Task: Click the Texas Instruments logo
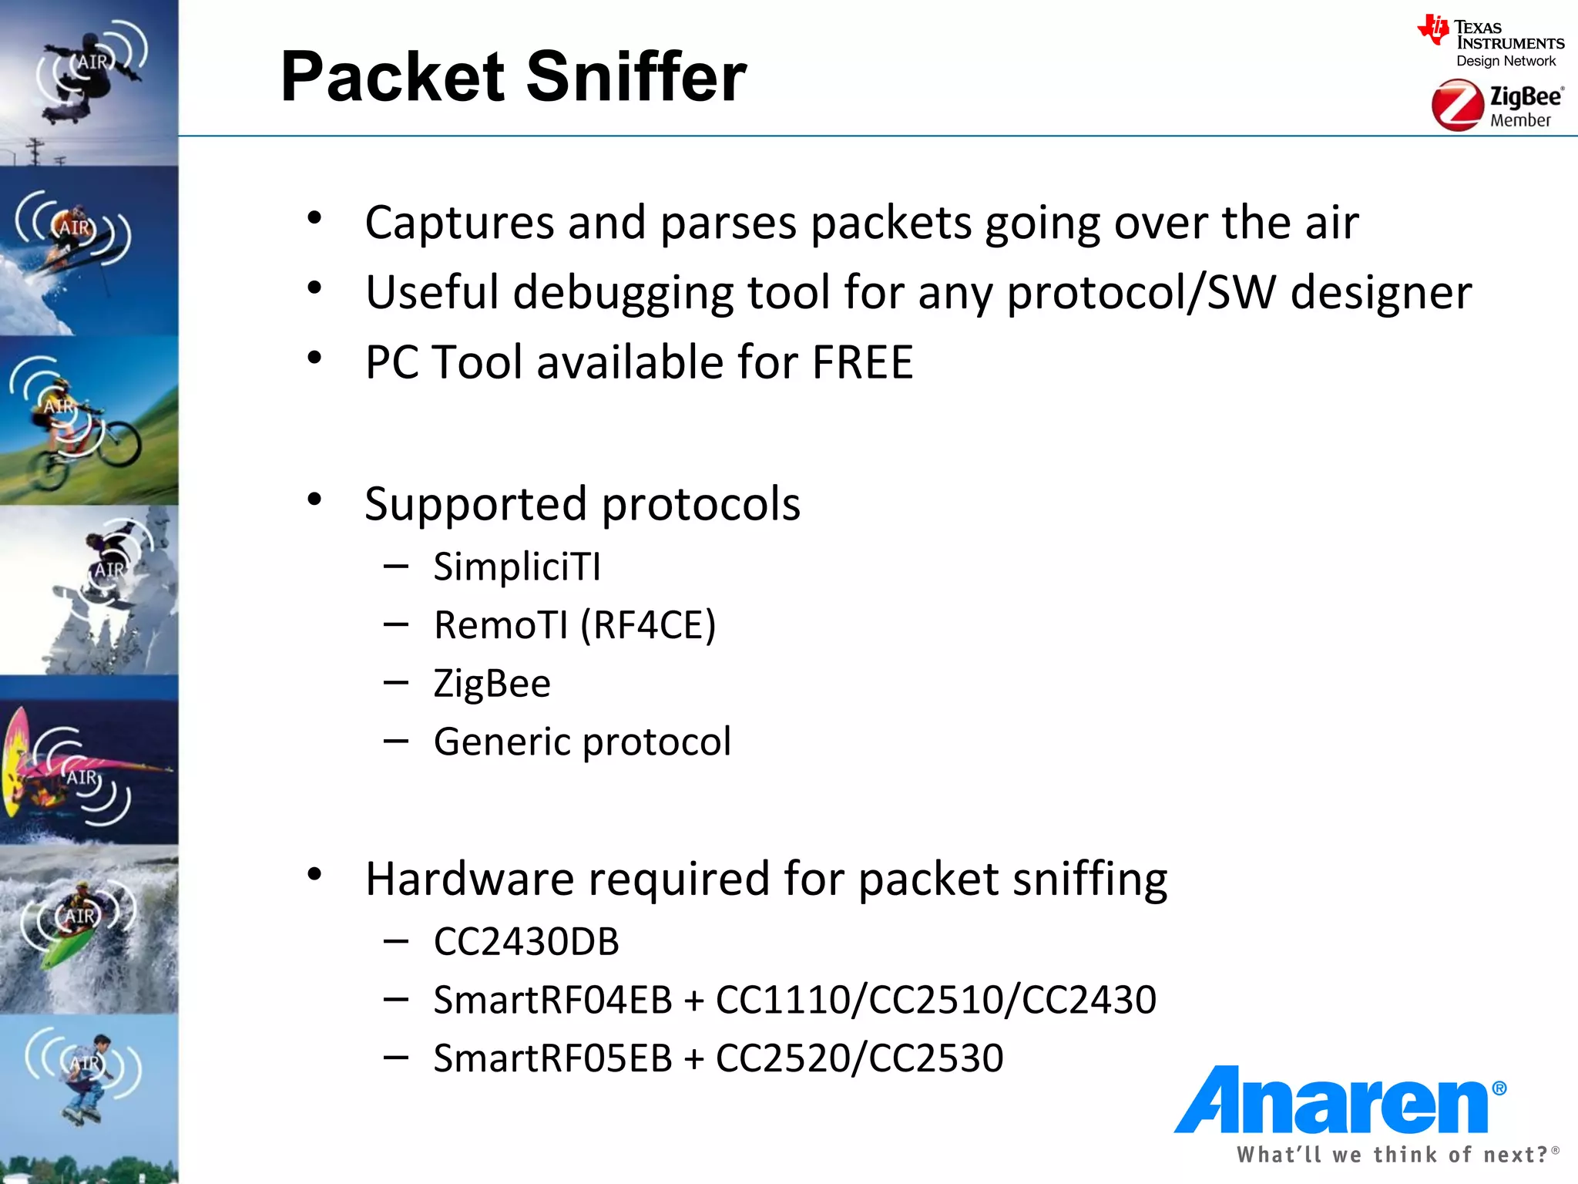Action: pyautogui.click(x=1491, y=42)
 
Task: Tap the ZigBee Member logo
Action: pyautogui.click(x=1496, y=106)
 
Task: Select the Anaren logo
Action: pyautogui.click(x=1339, y=1100)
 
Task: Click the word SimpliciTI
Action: pyautogui.click(x=517, y=567)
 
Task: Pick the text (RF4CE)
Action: pyautogui.click(x=648, y=624)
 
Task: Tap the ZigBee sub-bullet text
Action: pyautogui.click(x=492, y=683)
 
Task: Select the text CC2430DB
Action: pyautogui.click(x=526, y=941)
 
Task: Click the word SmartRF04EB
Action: pyautogui.click(x=553, y=1000)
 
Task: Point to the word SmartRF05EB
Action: pyautogui.click(x=553, y=1058)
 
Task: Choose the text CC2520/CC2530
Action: pyautogui.click(x=859, y=1058)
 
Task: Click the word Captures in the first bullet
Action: pyautogui.click(x=459, y=223)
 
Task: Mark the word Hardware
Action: pyautogui.click(x=470, y=879)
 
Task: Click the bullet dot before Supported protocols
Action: pyautogui.click(x=314, y=499)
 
